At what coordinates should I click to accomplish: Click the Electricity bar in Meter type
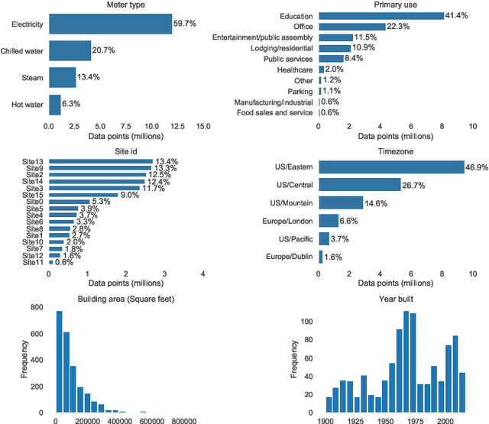pos(110,24)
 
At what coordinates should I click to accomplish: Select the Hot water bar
pos(55,104)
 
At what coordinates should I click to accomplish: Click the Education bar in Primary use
pos(381,15)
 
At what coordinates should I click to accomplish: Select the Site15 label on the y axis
pos(33,195)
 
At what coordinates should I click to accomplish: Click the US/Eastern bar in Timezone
pos(391,167)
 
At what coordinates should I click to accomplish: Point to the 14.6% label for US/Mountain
pos(378,202)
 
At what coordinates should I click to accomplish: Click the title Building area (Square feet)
pos(125,298)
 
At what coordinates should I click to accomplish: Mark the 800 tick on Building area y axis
pos(36,307)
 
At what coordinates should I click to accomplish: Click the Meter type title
pos(125,5)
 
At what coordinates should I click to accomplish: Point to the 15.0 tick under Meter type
pos(203,127)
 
